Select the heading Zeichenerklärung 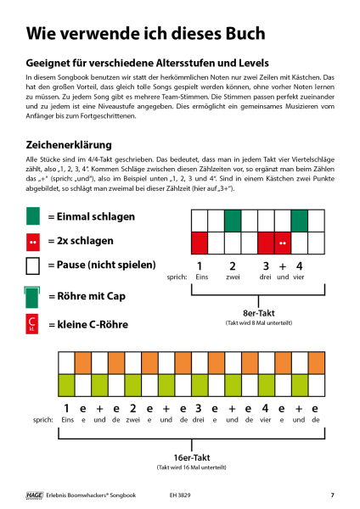coord(77,144)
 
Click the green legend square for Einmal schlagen coord(33,217)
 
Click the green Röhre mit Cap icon coord(33,298)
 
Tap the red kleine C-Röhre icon coord(33,324)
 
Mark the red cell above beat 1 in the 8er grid coord(200,243)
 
